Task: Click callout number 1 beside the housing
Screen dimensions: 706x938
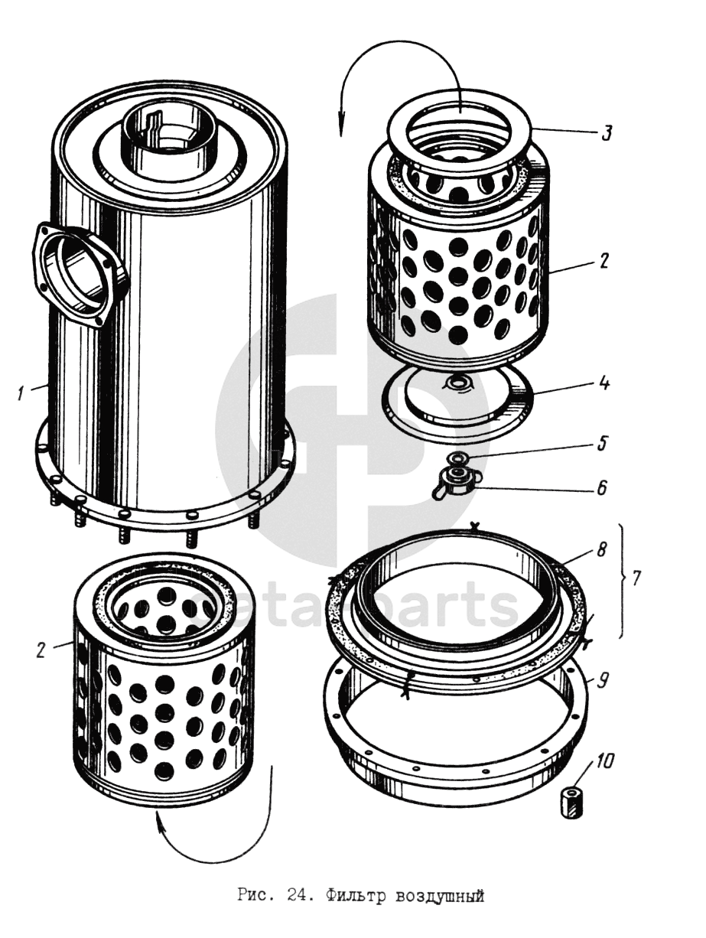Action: [x=23, y=394]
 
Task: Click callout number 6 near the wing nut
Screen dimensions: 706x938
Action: [x=602, y=487]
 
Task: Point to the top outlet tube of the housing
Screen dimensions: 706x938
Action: [x=169, y=138]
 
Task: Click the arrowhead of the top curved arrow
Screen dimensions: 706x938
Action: [x=341, y=130]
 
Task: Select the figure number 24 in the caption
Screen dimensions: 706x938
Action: [x=298, y=894]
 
